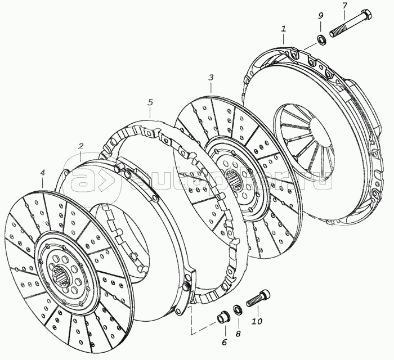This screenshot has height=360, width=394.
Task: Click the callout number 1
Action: click(x=284, y=28)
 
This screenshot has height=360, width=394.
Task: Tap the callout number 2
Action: click(x=81, y=147)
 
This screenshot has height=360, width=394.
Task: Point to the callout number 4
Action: click(x=42, y=173)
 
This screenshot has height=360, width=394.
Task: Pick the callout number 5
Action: click(x=150, y=102)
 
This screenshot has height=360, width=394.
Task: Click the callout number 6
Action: click(x=223, y=341)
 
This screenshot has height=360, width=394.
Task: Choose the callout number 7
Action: click(x=344, y=6)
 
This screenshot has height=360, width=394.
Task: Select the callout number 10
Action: click(x=257, y=322)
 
